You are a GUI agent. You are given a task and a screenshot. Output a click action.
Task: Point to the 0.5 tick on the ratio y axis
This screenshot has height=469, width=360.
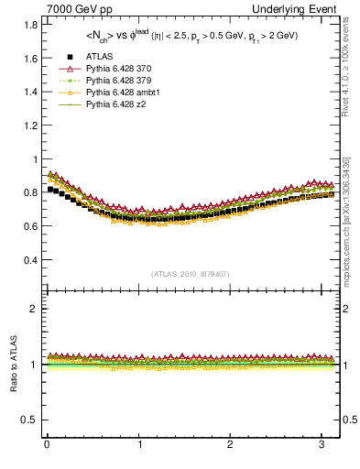point(27,420)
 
